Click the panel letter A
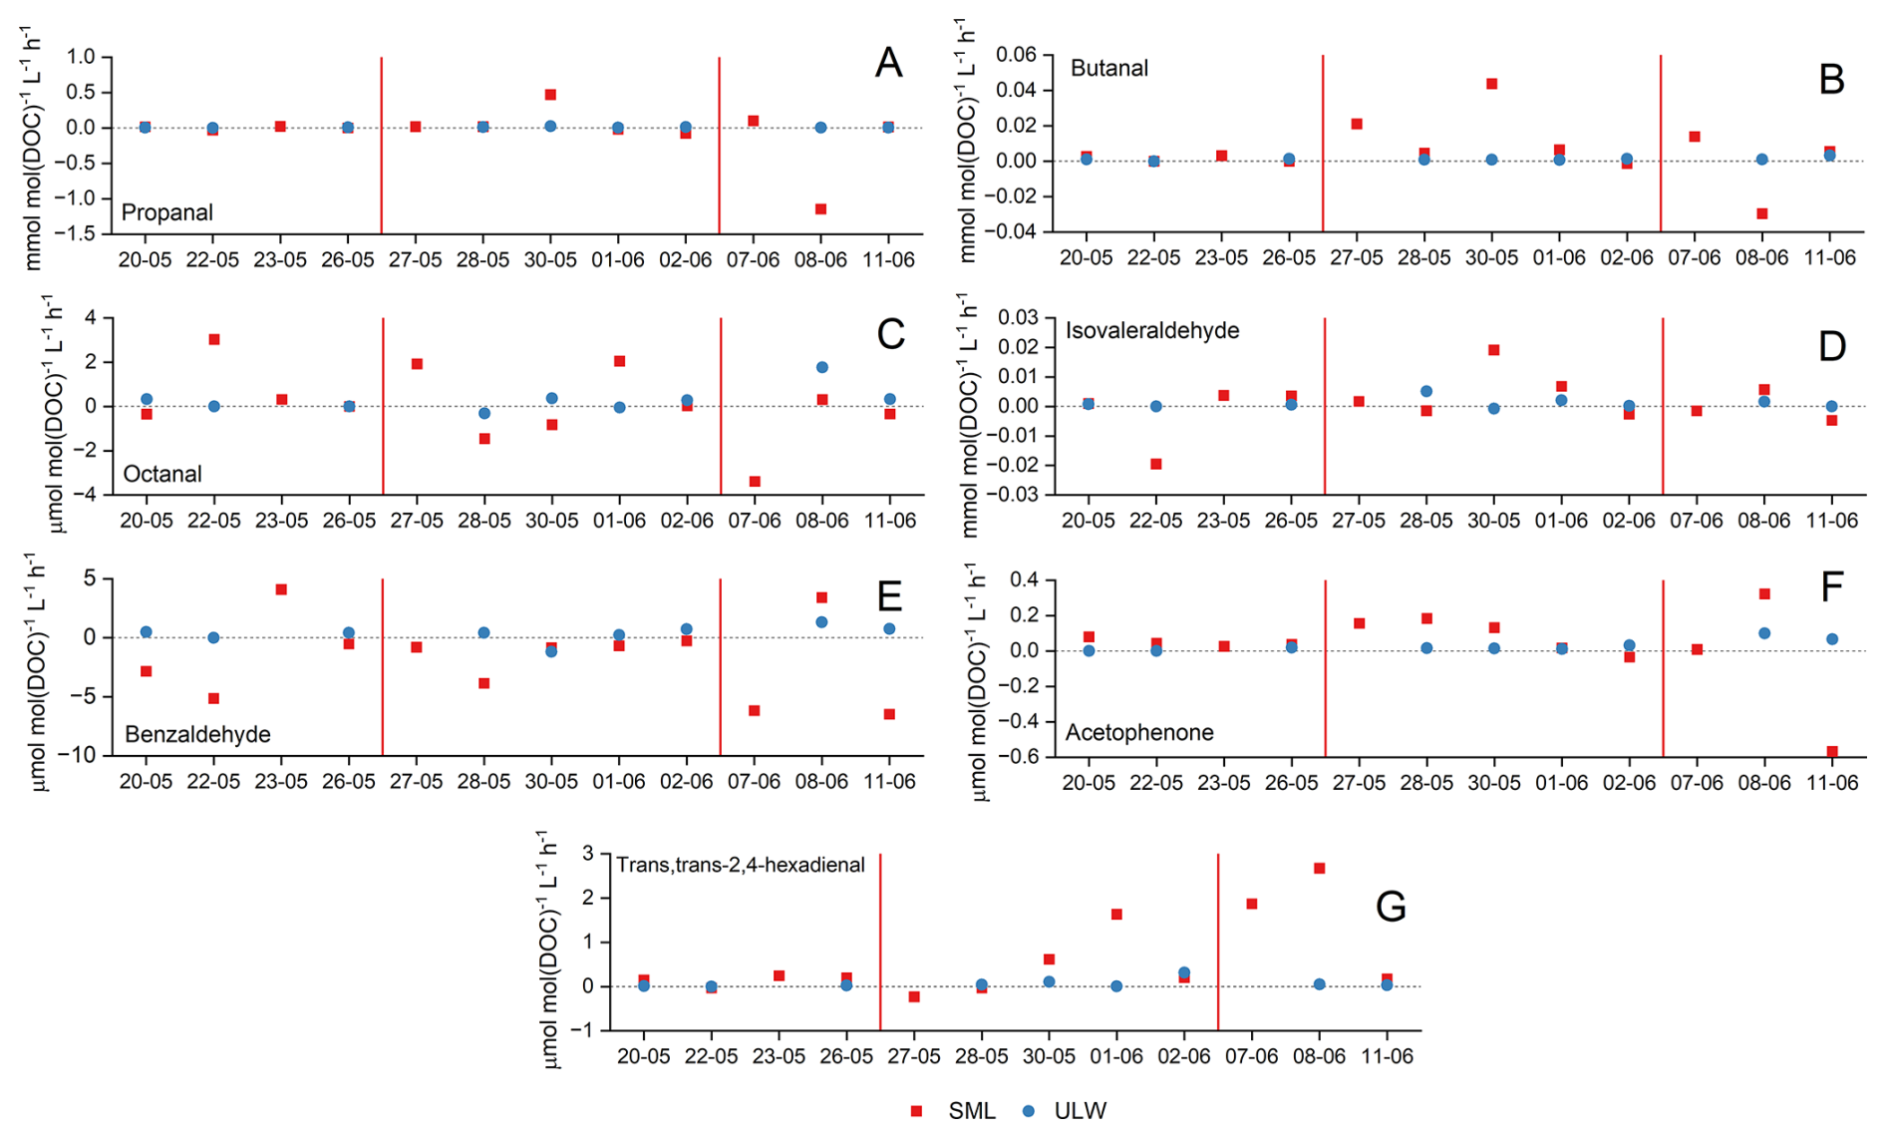point(888,64)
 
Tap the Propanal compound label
point(167,212)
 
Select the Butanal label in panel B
point(1109,68)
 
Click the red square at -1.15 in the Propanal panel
point(820,209)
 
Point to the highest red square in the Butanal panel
point(1492,84)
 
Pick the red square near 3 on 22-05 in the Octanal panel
point(214,340)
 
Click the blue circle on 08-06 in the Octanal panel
point(822,367)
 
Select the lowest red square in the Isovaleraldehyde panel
point(1156,464)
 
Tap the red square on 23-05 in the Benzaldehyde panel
point(282,589)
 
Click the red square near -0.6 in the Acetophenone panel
point(1832,751)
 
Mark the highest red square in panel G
point(1319,869)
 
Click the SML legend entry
point(955,1111)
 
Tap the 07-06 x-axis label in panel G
point(1251,1057)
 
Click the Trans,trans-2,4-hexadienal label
point(740,865)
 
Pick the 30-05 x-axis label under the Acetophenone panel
point(1493,783)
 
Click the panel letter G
point(1390,907)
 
